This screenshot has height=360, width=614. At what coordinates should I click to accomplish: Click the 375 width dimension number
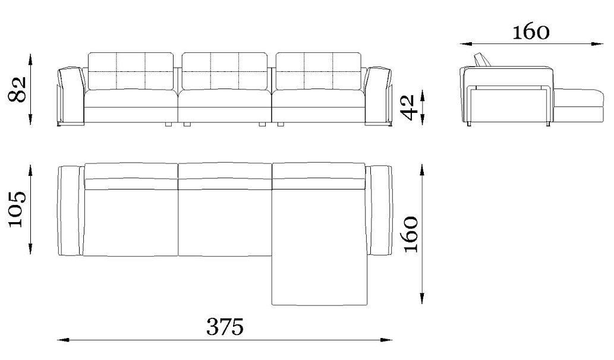click(225, 327)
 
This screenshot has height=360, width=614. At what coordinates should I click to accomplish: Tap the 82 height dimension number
click(18, 89)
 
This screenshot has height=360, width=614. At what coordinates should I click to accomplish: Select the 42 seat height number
click(408, 107)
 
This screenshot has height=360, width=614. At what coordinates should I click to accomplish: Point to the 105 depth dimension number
click(17, 209)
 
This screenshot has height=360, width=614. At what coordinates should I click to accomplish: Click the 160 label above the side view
click(531, 32)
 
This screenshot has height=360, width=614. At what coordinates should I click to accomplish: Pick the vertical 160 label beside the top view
click(410, 234)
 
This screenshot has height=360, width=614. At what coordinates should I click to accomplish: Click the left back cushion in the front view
click(131, 72)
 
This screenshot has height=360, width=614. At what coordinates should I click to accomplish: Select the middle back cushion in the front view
click(225, 72)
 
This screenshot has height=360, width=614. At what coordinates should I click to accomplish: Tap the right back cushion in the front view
click(319, 72)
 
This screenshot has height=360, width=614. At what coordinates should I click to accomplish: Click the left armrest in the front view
click(71, 97)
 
